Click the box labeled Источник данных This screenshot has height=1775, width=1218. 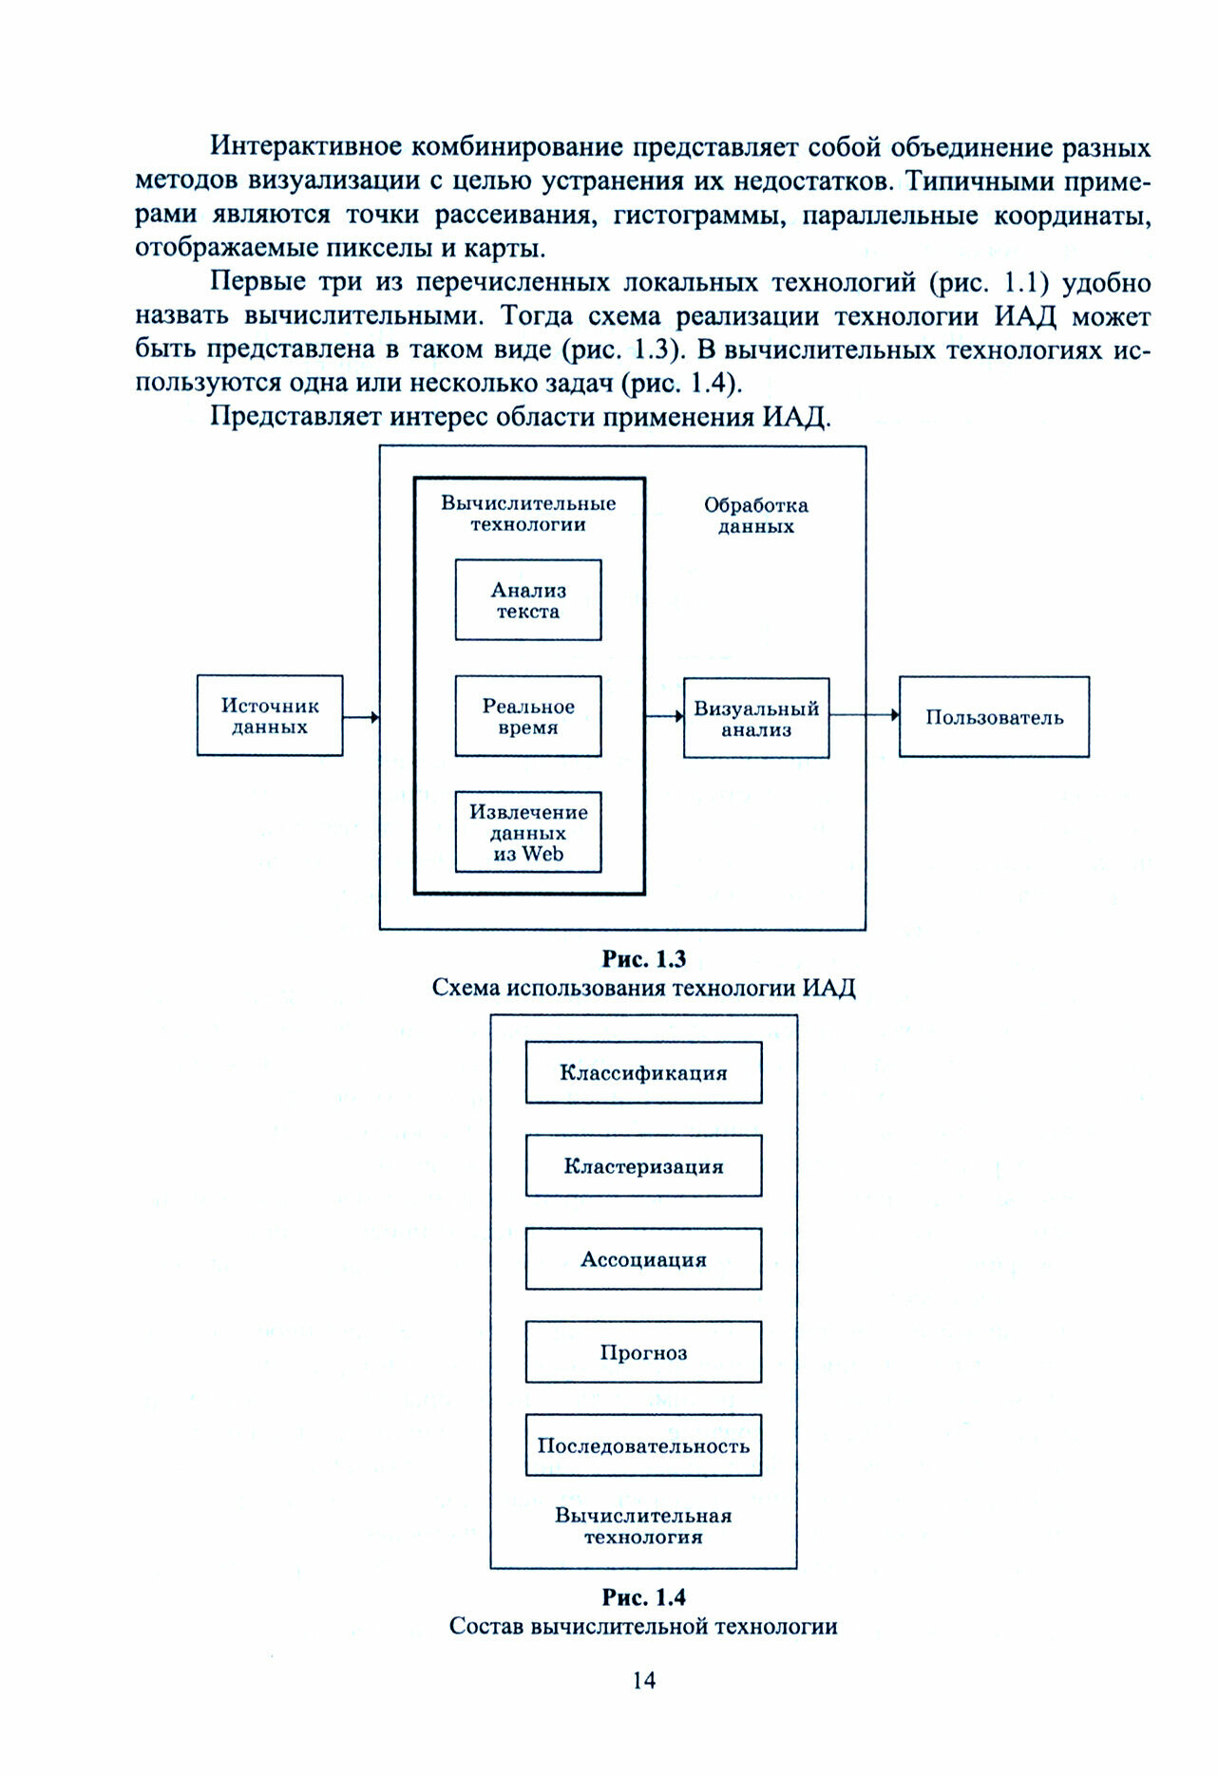click(270, 716)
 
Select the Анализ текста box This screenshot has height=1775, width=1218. click(528, 600)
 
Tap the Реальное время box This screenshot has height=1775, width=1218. click(528, 716)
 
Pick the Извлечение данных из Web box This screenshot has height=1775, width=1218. click(528, 832)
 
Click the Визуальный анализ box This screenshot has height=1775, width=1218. click(756, 718)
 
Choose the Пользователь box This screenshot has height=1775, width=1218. click(994, 717)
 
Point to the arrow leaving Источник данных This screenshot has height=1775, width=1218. click(361, 717)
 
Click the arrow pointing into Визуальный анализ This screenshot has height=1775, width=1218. click(664, 716)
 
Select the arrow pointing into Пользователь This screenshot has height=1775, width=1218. click(865, 714)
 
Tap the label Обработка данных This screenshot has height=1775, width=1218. click(756, 516)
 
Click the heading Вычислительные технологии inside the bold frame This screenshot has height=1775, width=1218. click(528, 514)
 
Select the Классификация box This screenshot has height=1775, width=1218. click(643, 1073)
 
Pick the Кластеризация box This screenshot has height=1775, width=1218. click(643, 1166)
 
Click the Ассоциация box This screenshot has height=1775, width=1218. click(643, 1259)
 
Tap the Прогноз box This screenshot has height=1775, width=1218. click(643, 1352)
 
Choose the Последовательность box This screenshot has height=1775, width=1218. click(643, 1445)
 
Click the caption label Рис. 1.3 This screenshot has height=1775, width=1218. click(643, 959)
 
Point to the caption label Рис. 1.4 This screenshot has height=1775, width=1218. click(643, 1597)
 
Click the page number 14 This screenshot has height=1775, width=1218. click(643, 1680)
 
